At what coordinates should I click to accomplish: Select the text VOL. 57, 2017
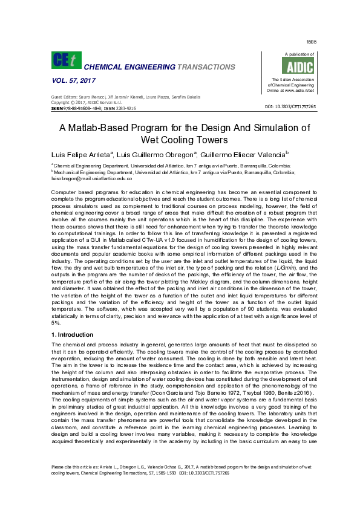point(71,80)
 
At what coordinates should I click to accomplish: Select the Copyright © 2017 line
point(82,102)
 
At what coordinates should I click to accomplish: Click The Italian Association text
point(292,80)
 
